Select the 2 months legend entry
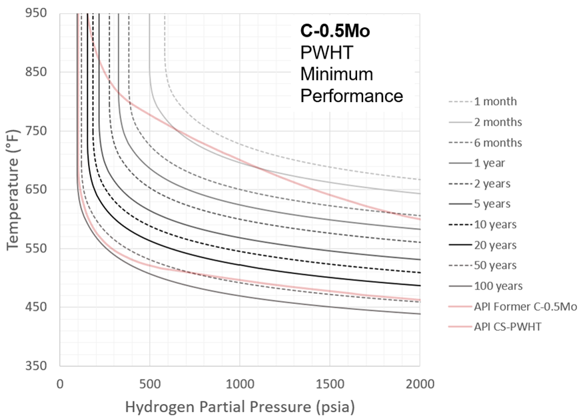click(498, 122)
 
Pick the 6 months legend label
click(498, 143)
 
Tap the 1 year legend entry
click(490, 163)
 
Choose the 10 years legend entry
click(495, 225)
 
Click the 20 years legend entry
click(495, 245)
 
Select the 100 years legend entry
click(498, 286)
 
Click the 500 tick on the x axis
click(150, 384)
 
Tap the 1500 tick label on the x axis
click(330, 384)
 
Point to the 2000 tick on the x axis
click(420, 384)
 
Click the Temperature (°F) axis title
click(14, 190)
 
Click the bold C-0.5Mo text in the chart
click(334, 31)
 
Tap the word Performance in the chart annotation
click(352, 96)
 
